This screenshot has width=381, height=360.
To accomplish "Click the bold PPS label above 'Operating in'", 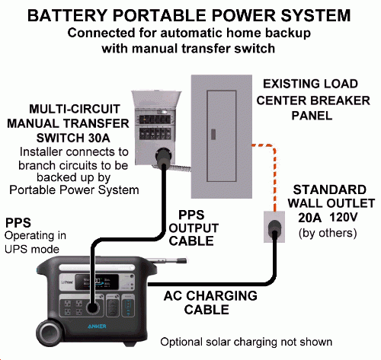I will coord(18,222).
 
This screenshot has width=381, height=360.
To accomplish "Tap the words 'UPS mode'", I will coord(27,248).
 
